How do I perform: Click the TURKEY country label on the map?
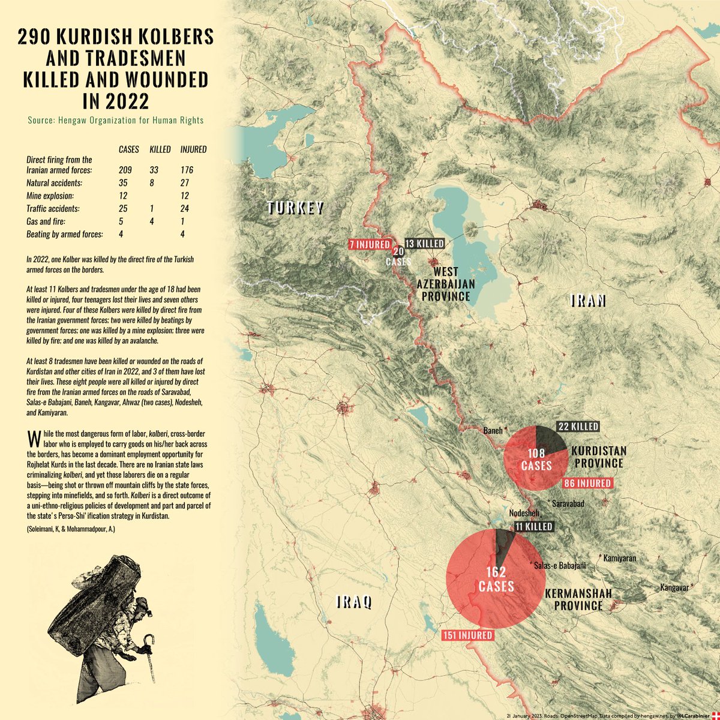(x=296, y=208)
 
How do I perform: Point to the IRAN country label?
(x=588, y=301)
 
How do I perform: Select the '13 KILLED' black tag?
(x=425, y=244)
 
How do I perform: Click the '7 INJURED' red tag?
(x=369, y=244)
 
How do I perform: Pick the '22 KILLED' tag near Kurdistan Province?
(x=578, y=427)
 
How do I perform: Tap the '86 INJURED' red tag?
(x=587, y=483)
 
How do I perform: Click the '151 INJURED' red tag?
(x=468, y=635)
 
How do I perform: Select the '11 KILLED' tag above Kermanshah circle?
(x=532, y=526)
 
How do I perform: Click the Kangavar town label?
(x=674, y=587)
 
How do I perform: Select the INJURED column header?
(x=193, y=149)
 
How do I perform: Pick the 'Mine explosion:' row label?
(x=50, y=196)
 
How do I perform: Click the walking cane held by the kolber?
(x=144, y=651)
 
